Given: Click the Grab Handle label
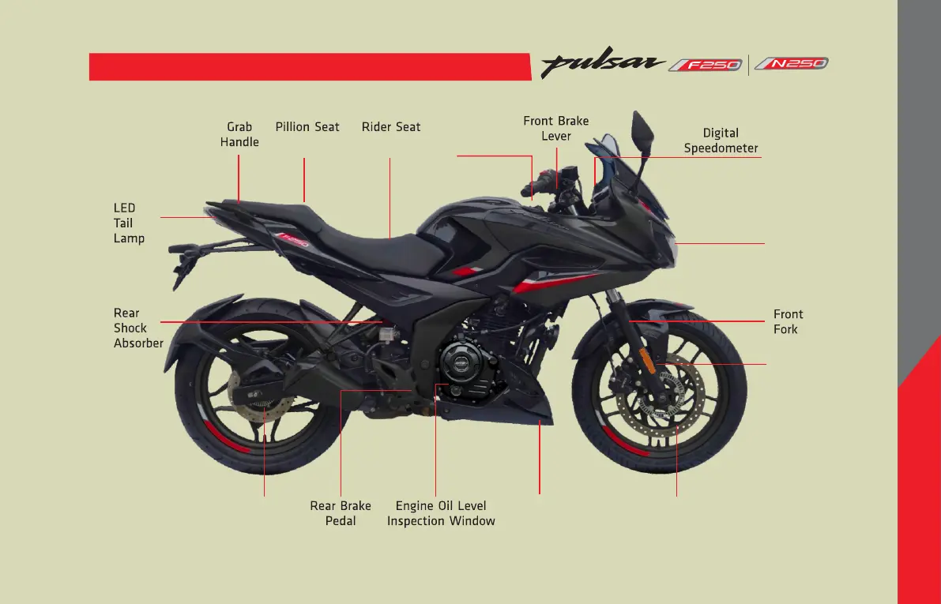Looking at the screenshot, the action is [239, 134].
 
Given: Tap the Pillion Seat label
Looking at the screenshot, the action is [307, 127].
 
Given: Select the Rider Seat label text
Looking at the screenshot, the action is [391, 127].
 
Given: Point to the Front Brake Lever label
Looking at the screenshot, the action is [556, 129].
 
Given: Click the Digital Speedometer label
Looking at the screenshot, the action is [721, 141].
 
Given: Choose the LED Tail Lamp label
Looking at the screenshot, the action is [129, 223].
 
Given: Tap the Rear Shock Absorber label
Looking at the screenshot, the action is [137, 328].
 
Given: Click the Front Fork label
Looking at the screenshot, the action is [788, 321].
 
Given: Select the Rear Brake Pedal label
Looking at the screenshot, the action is [341, 513].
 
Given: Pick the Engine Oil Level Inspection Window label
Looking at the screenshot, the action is [441, 513].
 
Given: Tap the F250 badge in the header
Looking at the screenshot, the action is [706, 65].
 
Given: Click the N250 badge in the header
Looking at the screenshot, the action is [791, 64].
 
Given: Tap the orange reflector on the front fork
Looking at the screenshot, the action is [646, 359].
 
